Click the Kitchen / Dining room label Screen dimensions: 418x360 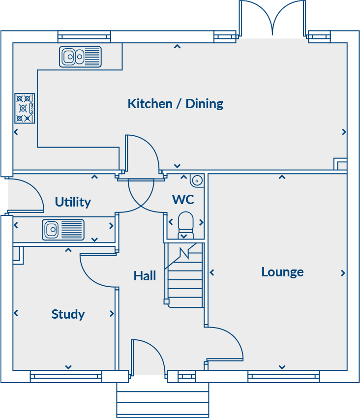point(175,104)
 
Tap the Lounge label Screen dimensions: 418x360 point(282,272)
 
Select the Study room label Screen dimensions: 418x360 point(68,314)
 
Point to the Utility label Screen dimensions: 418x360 point(73,202)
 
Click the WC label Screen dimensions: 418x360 point(182,200)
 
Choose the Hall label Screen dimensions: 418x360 point(145,276)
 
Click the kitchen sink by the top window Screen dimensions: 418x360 point(80,57)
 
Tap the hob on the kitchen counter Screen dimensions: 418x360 point(24,108)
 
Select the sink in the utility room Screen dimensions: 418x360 point(63,229)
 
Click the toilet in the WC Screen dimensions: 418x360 point(185,222)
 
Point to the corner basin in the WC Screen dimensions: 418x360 point(197,180)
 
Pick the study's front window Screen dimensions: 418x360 point(66,377)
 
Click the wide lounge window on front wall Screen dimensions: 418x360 point(283,377)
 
